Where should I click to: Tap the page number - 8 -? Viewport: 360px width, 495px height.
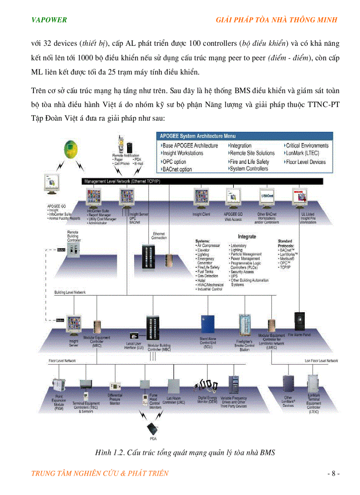pyautogui.click(x=333, y=473)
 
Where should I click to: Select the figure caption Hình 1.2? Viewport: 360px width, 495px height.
pyautogui.click(x=185, y=453)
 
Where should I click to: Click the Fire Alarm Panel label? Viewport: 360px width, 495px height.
pyautogui.click(x=300, y=335)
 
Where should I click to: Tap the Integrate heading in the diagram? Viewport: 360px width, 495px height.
pyautogui.click(x=247, y=237)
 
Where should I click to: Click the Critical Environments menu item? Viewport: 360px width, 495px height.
pyautogui.click(x=307, y=145)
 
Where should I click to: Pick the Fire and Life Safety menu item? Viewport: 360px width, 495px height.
pyautogui.click(x=249, y=162)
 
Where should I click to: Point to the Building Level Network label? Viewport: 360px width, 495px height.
pyautogui.click(x=70, y=292)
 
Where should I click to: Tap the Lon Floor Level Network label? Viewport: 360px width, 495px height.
pyautogui.click(x=321, y=361)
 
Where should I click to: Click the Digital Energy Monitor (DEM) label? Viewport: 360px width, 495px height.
pyautogui.click(x=207, y=400)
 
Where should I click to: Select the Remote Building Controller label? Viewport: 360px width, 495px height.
pyautogui.click(x=74, y=236)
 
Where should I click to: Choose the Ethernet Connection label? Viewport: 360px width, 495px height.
pyautogui.click(x=159, y=236)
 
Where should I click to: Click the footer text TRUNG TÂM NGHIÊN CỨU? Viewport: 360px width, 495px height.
pyautogui.click(x=100, y=473)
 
